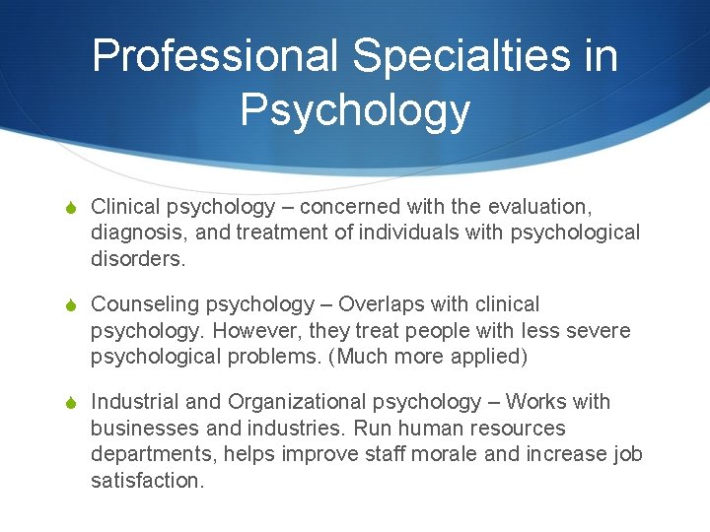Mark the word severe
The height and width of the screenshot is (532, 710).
pos(599,331)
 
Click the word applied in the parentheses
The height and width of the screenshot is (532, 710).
pos(491,357)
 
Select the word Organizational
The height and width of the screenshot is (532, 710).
pos(298,402)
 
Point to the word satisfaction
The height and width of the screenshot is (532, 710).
pos(146,481)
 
